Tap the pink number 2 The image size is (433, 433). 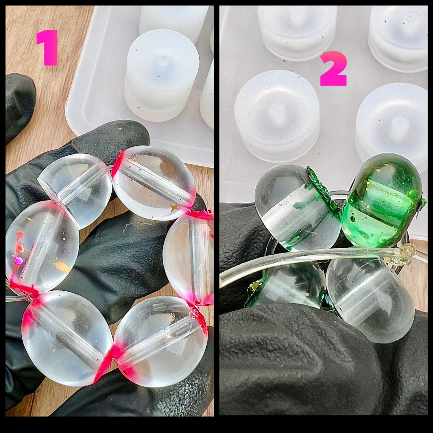[x=334, y=68]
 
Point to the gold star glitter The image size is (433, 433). [x=174, y=207]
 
